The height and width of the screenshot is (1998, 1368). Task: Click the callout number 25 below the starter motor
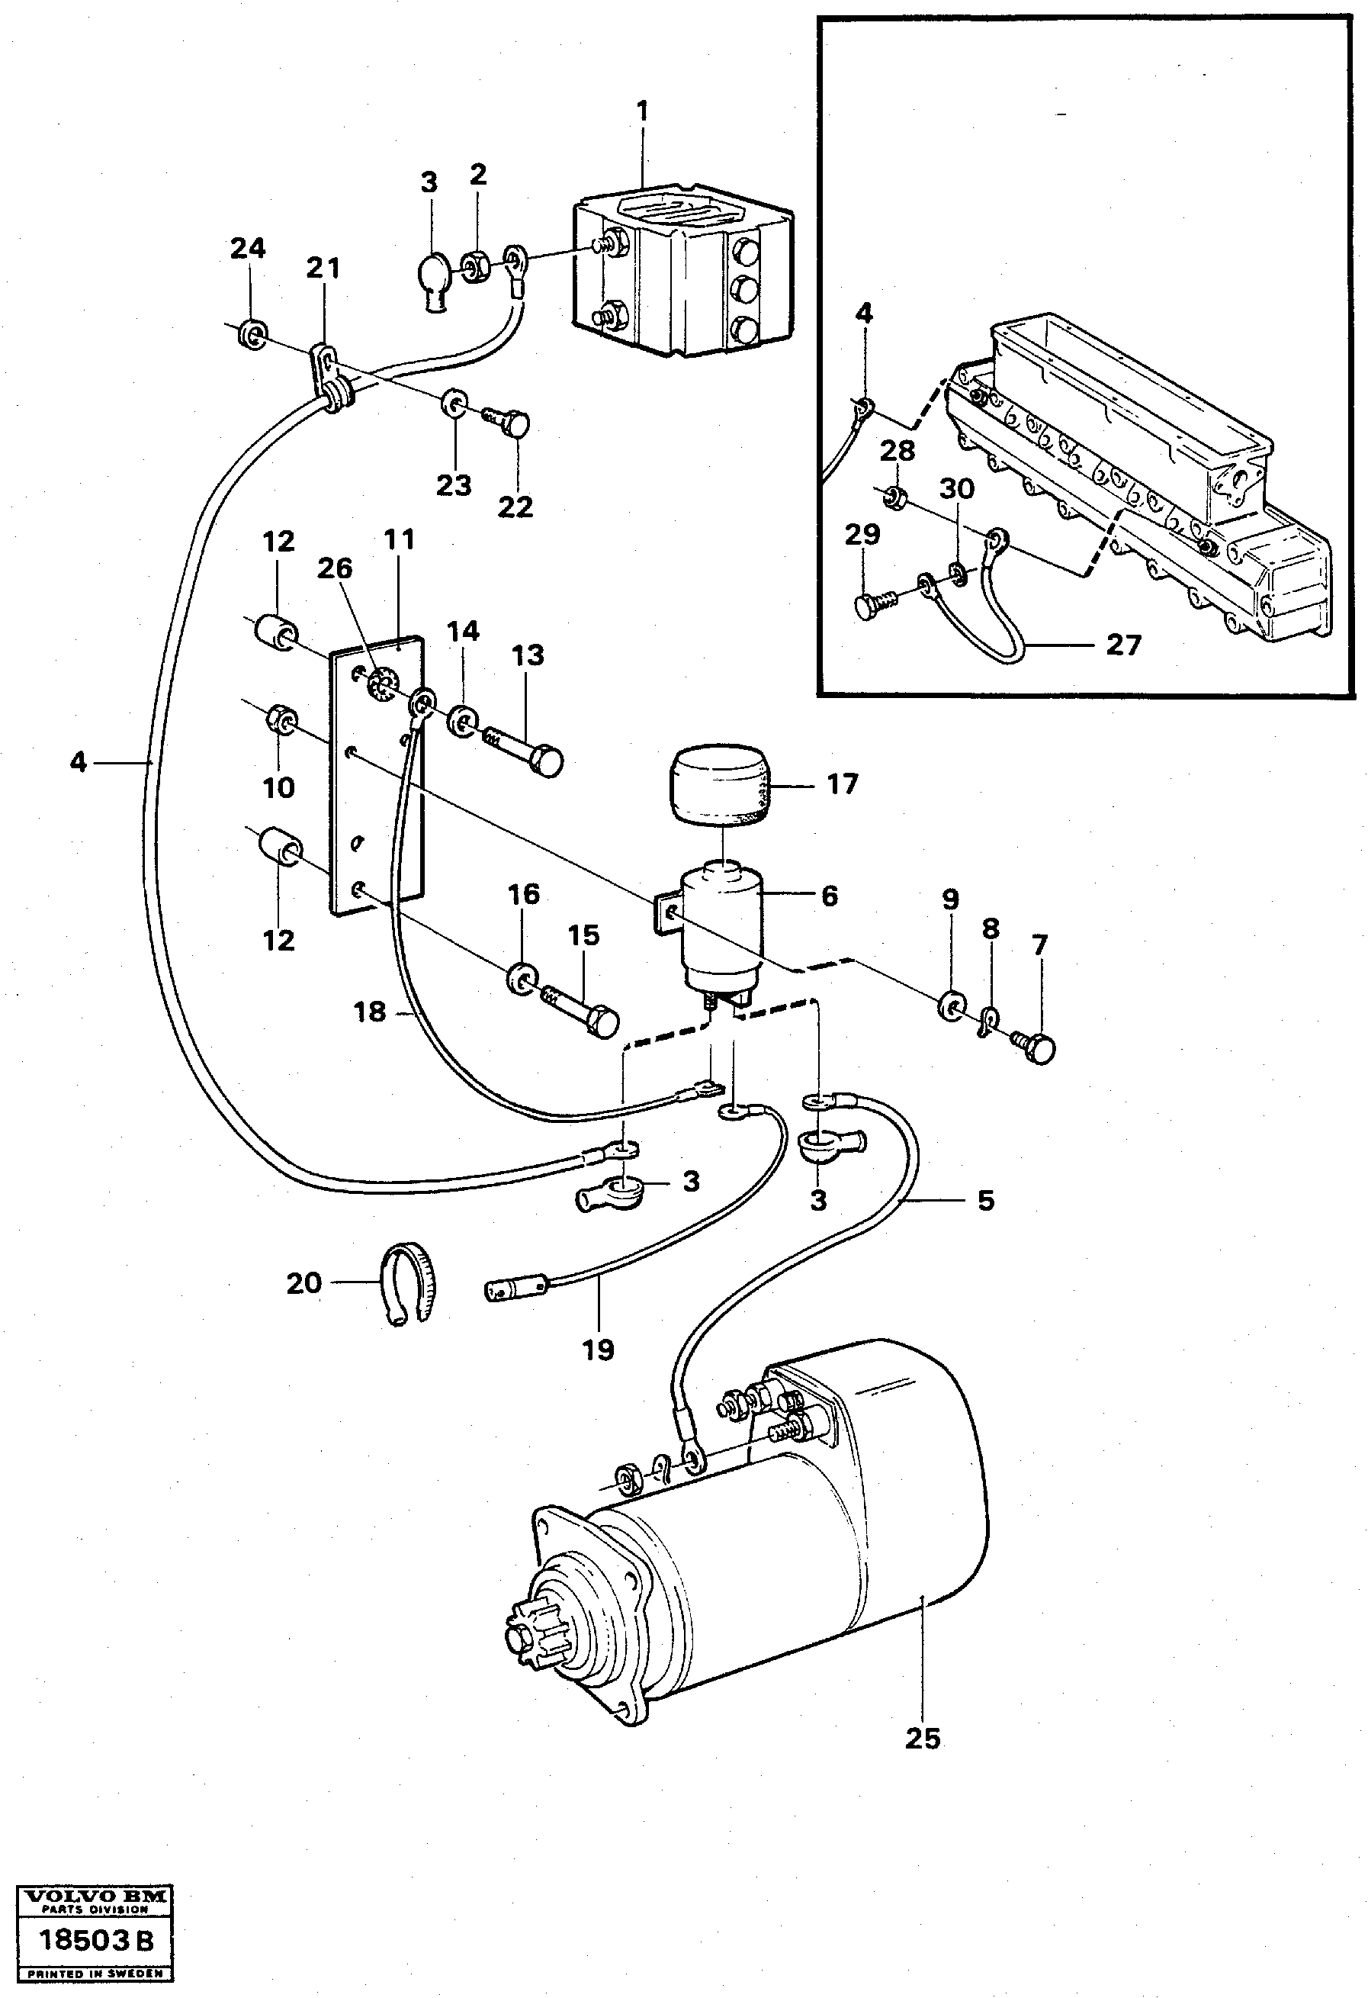tap(923, 1738)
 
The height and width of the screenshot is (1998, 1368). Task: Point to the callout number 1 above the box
tap(641, 112)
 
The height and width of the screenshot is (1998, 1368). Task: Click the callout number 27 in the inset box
tap(1122, 645)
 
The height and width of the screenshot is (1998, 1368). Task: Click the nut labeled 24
tap(251, 334)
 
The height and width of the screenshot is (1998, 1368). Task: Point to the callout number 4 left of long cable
tap(79, 761)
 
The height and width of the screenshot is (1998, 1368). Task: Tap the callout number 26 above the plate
tap(334, 568)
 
